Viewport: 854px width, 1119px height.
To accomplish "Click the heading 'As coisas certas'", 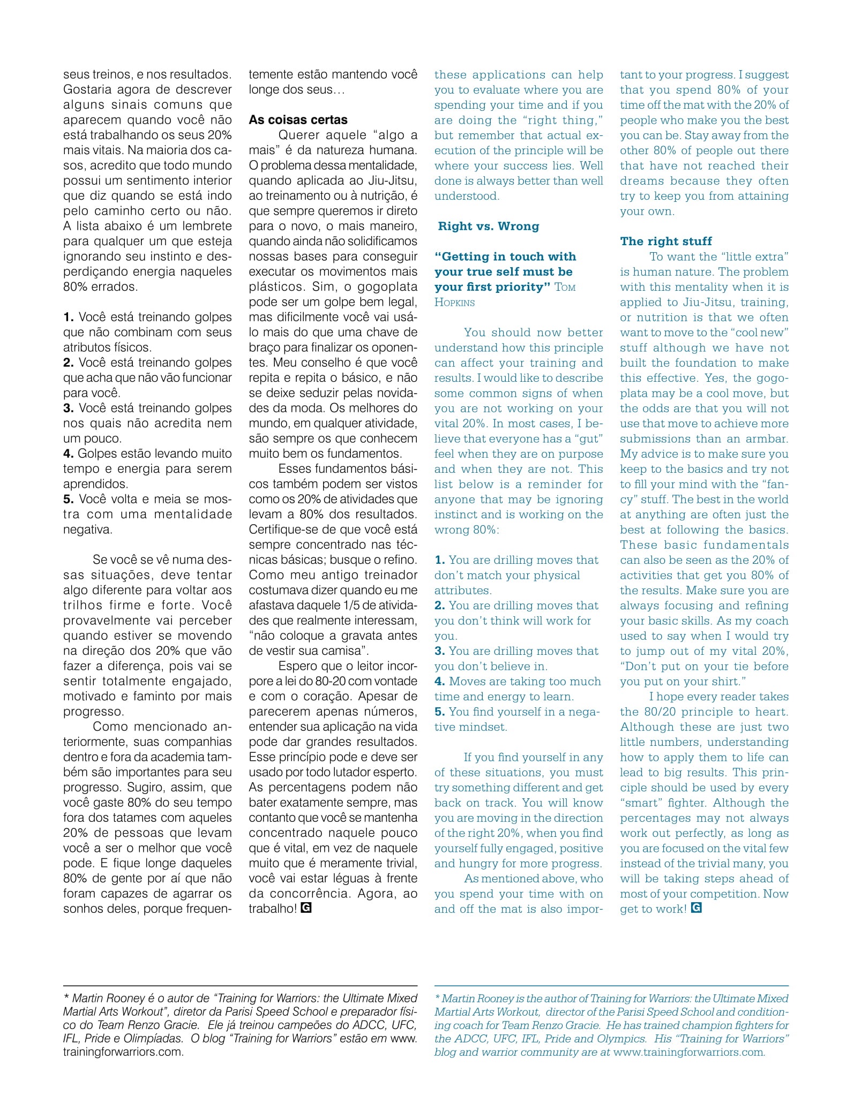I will click(x=298, y=120).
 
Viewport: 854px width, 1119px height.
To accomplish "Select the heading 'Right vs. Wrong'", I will click(x=488, y=226).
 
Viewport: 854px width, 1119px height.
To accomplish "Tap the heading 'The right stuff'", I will click(x=666, y=241).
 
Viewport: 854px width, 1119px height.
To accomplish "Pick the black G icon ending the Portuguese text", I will click(x=306, y=908).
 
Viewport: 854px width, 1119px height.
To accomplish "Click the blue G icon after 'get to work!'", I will click(x=696, y=908).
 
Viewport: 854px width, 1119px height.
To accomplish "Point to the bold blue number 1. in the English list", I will click(x=440, y=560).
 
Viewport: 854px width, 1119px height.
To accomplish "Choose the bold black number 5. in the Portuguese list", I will click(x=69, y=499).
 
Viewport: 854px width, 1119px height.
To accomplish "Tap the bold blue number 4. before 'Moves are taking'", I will click(x=440, y=682).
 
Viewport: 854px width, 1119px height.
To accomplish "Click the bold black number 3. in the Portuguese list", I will click(x=69, y=408).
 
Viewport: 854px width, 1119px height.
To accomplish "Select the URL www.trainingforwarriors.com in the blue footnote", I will click(x=689, y=1052).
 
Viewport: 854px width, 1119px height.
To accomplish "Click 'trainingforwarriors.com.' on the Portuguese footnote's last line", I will click(x=123, y=1052).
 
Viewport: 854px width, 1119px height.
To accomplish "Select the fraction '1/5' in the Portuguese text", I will click(x=355, y=606).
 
